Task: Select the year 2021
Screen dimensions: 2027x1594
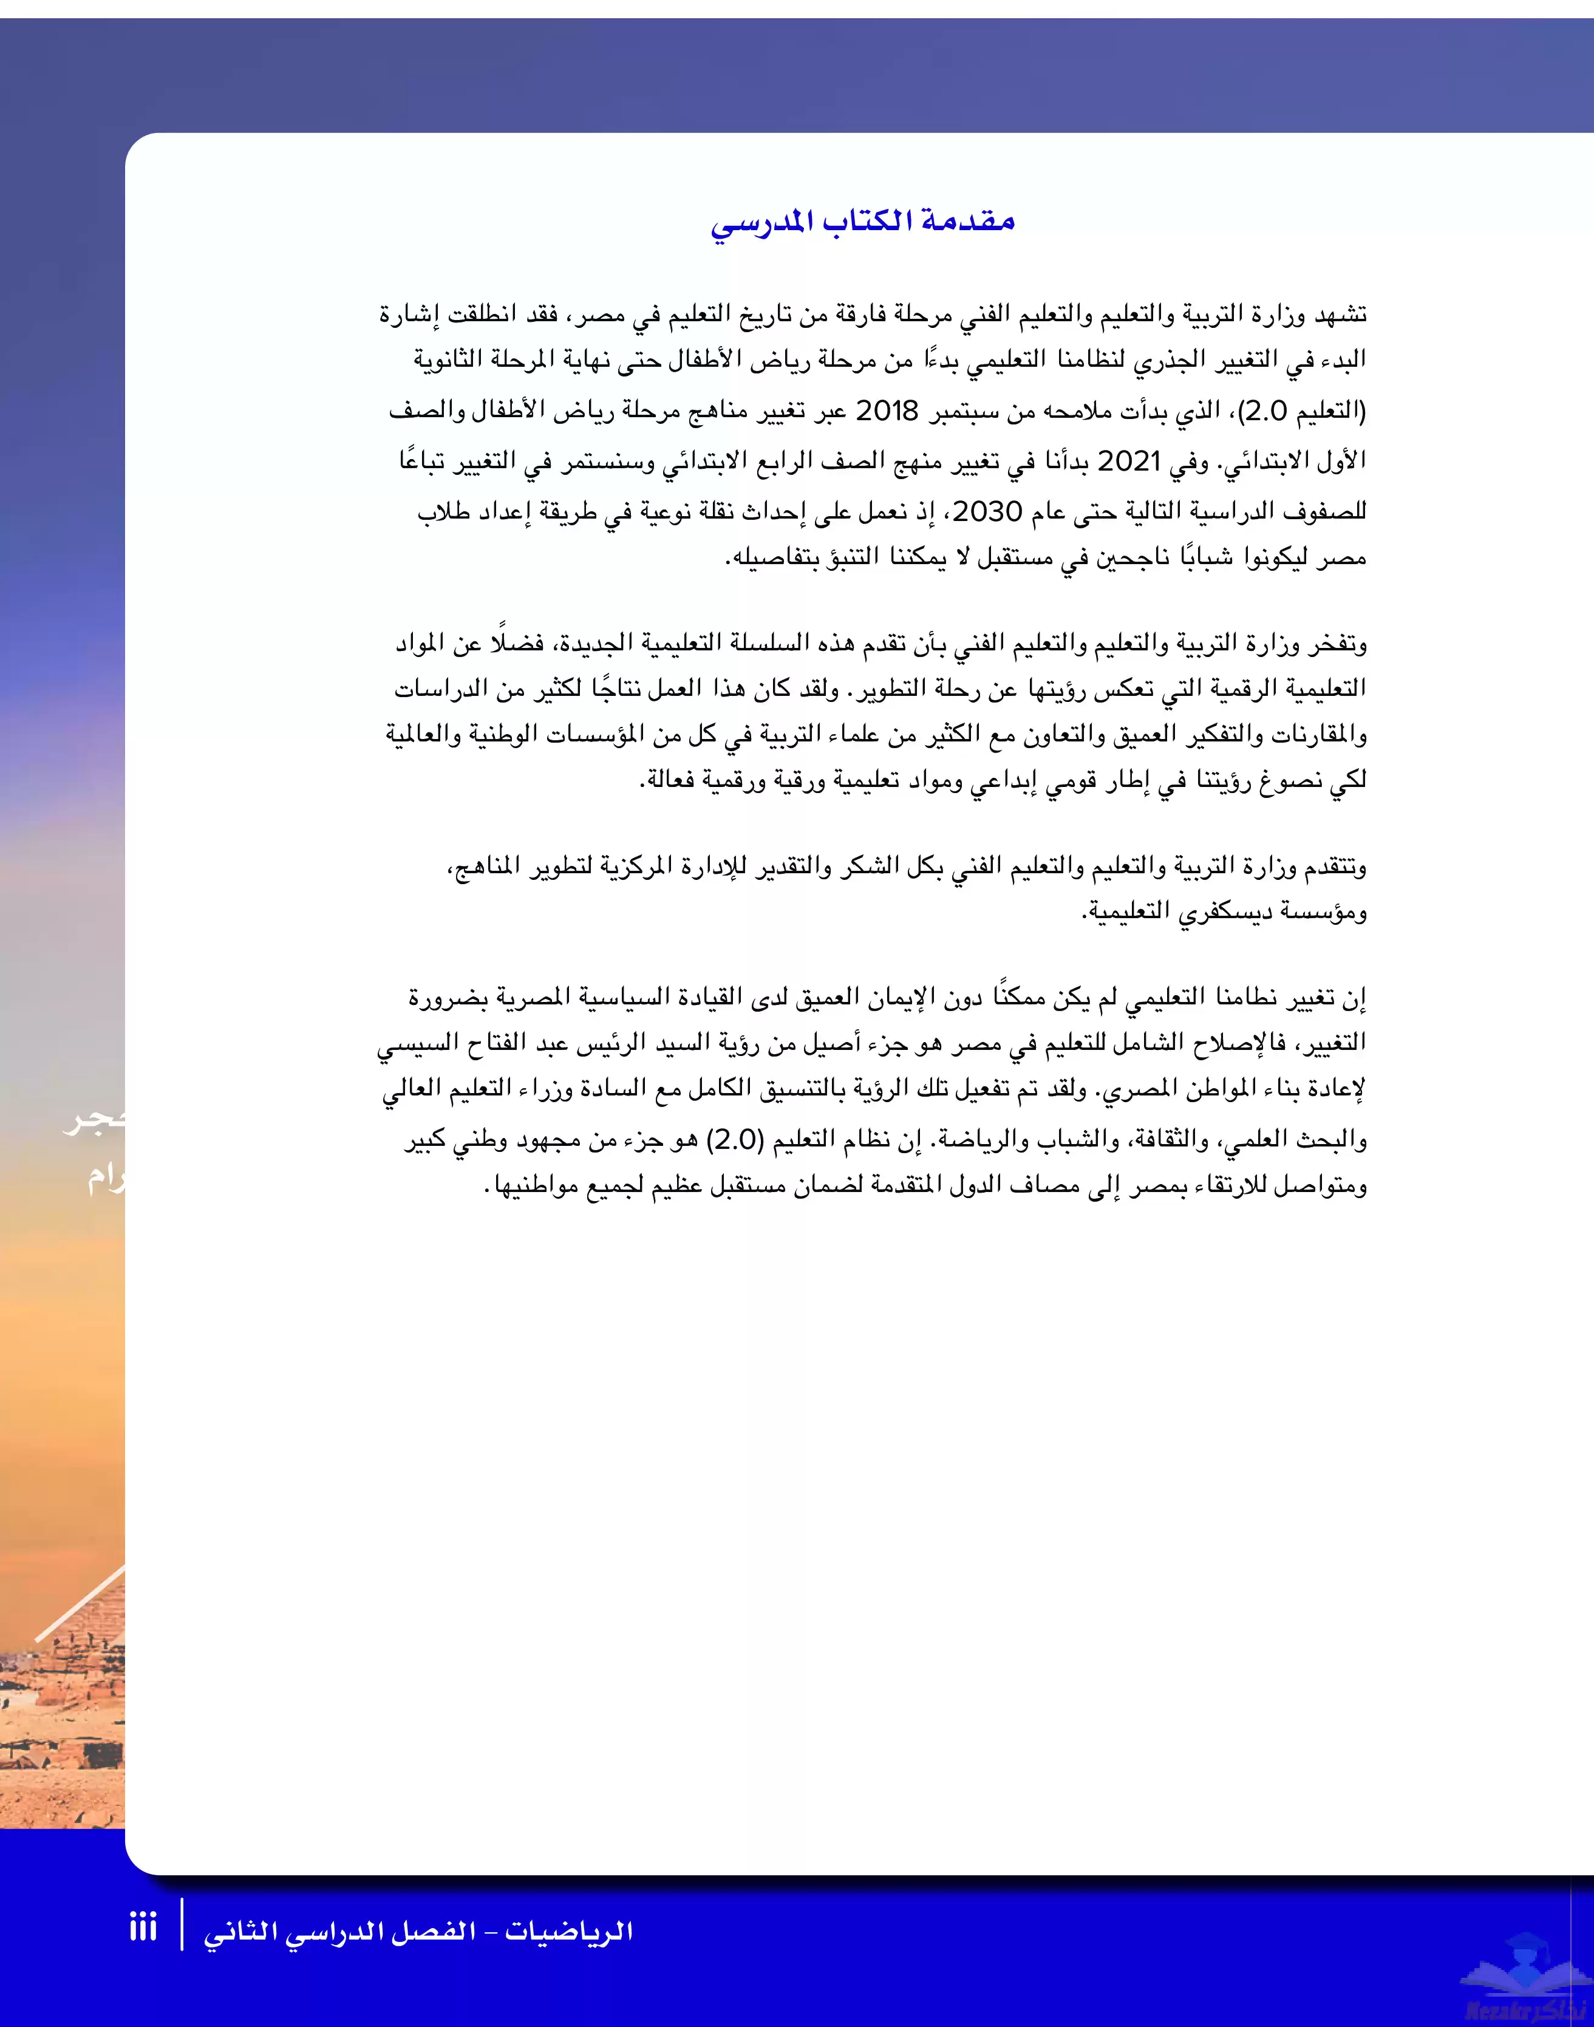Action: (x=1128, y=461)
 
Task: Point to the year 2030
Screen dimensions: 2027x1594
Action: (x=989, y=511)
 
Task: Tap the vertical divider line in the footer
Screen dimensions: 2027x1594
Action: (x=182, y=1924)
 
